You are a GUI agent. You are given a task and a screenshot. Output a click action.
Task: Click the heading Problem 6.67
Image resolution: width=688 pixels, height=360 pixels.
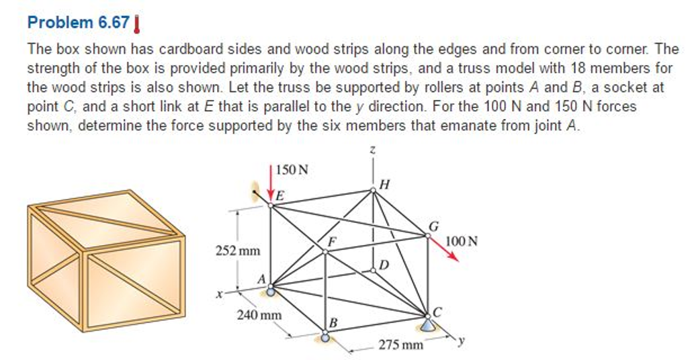click(78, 22)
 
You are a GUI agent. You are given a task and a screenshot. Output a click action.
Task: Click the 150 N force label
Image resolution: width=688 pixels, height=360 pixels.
click(293, 170)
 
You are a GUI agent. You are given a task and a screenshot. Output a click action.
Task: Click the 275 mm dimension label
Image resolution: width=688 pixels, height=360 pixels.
click(401, 345)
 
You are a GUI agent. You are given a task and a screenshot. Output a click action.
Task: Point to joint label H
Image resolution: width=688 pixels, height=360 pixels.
click(384, 184)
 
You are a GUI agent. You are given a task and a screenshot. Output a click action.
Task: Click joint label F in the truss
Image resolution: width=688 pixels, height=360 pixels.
click(331, 240)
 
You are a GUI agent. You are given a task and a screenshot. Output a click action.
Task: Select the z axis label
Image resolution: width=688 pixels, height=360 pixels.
click(372, 153)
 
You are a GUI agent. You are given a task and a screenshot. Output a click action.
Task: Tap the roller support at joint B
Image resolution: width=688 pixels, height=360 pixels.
click(326, 338)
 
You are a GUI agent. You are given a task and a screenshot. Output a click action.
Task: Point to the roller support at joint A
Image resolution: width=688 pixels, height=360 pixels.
click(271, 291)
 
